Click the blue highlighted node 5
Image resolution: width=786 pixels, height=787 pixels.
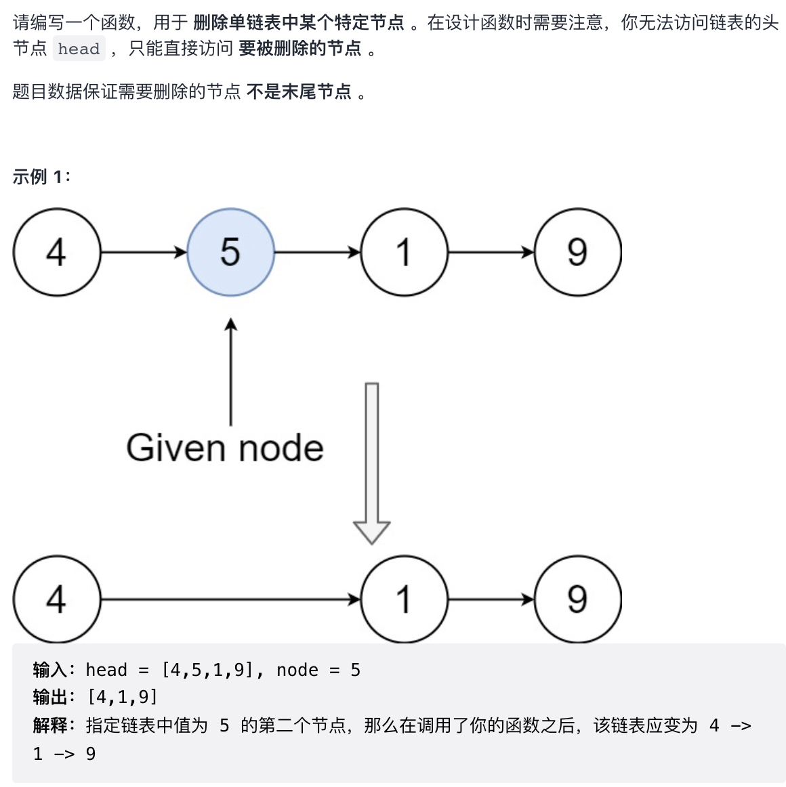(230, 252)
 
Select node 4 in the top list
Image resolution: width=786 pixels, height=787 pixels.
(57, 252)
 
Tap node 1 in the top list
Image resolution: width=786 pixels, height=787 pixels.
(405, 252)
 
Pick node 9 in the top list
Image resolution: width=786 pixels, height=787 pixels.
(578, 252)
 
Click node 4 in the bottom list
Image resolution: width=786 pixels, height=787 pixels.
(57, 599)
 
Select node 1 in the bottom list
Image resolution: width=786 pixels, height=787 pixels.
(405, 599)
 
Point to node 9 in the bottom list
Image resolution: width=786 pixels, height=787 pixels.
(578, 599)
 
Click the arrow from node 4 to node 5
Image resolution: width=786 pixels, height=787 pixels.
(144, 253)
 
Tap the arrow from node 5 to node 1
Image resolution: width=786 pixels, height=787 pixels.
(317, 253)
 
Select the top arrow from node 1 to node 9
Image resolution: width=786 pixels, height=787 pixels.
(491, 253)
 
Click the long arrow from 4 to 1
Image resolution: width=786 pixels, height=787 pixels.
(230, 599)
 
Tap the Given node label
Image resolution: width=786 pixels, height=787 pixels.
(225, 448)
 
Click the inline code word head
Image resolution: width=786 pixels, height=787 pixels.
(79, 49)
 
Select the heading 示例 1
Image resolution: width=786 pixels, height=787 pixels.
(41, 177)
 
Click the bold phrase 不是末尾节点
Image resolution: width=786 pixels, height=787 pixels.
(299, 91)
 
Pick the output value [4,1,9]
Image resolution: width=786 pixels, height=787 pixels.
(123, 697)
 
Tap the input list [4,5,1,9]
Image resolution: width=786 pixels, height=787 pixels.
(207, 670)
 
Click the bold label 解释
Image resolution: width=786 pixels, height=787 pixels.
(50, 725)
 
